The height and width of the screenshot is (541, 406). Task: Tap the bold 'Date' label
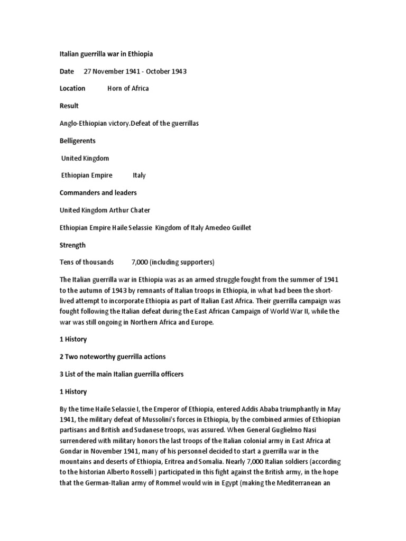[67, 71]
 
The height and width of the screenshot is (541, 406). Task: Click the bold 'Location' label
[72, 88]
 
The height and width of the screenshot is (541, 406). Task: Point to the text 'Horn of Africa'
[128, 88]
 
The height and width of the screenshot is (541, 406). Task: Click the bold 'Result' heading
[69, 106]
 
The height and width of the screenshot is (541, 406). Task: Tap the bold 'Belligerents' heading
[78, 141]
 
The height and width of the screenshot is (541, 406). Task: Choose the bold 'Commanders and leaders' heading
[98, 193]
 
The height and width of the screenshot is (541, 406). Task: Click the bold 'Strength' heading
[72, 245]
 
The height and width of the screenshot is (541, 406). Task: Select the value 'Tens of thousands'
[87, 262]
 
